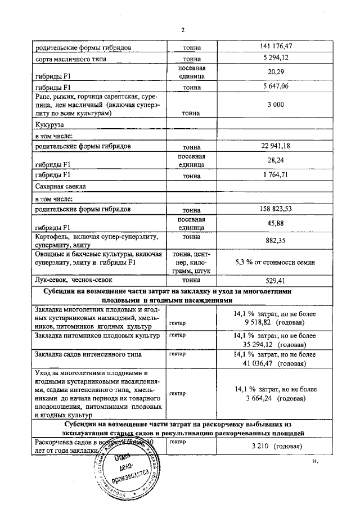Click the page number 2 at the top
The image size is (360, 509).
[183, 30]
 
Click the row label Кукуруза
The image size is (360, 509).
[48, 125]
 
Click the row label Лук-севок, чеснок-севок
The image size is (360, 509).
[74, 280]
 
